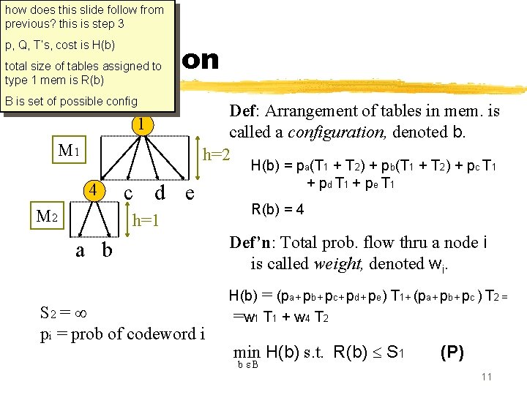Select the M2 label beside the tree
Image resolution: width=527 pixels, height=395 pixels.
(x=52, y=217)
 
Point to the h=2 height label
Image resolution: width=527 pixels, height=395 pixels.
(x=217, y=156)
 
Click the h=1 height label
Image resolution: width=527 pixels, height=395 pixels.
(x=146, y=219)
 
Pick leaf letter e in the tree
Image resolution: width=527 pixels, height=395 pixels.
(x=190, y=193)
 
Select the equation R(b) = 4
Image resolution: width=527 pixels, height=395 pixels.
(x=278, y=210)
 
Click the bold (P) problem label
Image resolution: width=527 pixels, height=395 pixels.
(x=451, y=352)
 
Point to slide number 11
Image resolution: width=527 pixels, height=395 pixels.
(x=486, y=377)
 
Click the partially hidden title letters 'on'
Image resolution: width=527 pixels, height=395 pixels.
(x=200, y=59)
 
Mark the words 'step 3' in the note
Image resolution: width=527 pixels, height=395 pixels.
(x=107, y=23)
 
